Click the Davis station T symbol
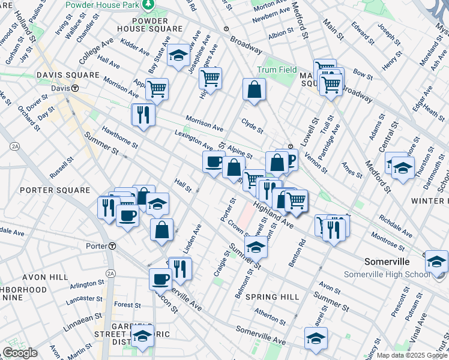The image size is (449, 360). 75,88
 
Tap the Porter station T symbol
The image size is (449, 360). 112,246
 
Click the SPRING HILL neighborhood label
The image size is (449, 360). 273,297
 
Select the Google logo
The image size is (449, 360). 20,353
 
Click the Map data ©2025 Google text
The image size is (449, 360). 412,355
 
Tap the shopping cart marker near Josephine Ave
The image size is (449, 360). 210,78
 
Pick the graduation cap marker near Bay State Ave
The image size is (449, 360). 178,56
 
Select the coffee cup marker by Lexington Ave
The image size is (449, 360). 214,162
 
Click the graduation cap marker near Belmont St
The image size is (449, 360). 256,247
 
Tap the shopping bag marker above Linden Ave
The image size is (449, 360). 161,230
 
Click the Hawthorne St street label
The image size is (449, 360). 120,136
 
